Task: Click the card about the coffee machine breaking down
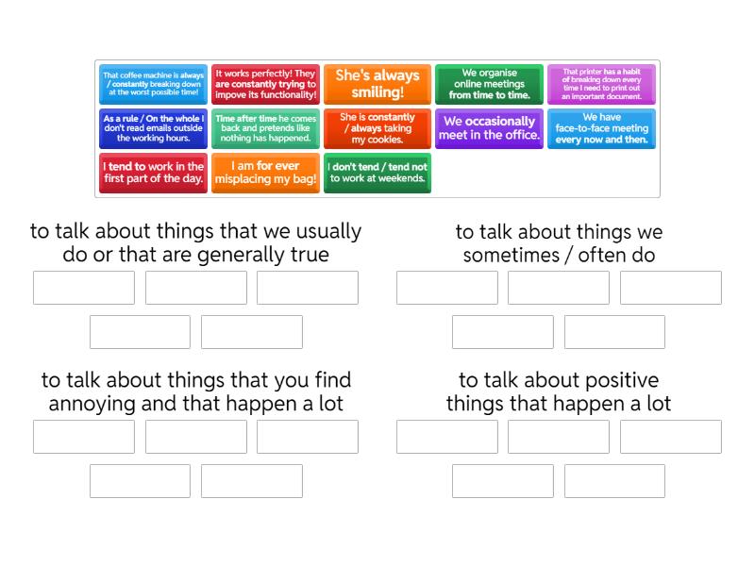153,84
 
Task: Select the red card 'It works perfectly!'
265,84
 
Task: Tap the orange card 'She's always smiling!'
377,84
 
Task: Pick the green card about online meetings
489,84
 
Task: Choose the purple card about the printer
601,84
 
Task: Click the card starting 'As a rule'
153,128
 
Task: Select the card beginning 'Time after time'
265,128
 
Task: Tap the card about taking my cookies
377,128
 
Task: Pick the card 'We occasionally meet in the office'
489,128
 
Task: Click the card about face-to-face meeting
601,128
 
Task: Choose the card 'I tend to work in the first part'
153,173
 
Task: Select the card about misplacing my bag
265,173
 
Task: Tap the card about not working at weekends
377,173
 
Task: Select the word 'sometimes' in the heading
512,256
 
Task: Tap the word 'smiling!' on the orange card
377,92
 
